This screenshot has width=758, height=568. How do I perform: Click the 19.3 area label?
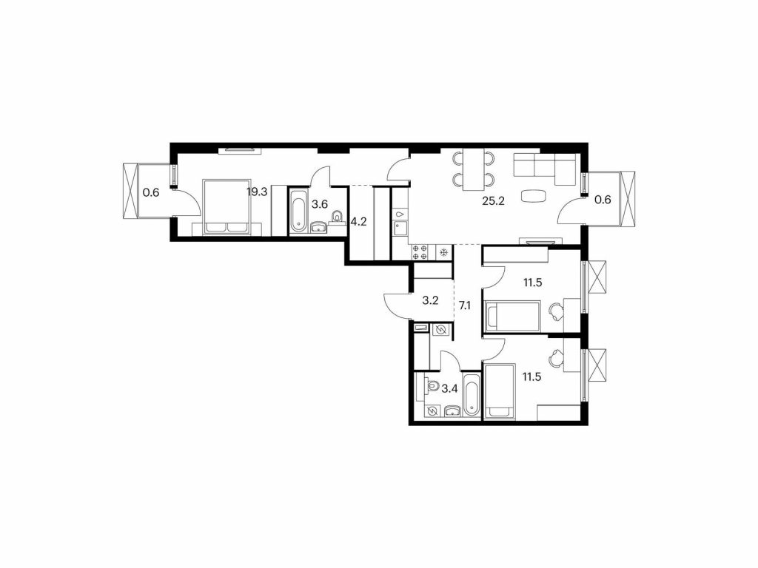coord(257,192)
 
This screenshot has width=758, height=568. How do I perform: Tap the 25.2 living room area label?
coord(493,201)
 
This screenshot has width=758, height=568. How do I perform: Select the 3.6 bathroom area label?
coord(320,204)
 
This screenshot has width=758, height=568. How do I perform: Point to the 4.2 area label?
coord(358,223)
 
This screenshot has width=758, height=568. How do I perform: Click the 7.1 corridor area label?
coord(465,305)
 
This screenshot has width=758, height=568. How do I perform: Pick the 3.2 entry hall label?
coord(430,300)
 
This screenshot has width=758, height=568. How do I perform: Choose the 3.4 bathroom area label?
coord(450,387)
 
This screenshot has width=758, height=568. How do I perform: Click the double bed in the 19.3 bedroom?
coord(227,207)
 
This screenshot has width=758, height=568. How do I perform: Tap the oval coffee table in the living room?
coord(534,196)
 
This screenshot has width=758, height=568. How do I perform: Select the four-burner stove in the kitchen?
coord(419,252)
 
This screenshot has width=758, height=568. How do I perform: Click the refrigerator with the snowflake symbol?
coord(443,253)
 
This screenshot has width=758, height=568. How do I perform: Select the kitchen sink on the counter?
coord(400,226)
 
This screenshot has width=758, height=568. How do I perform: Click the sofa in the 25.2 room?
coord(545,169)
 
